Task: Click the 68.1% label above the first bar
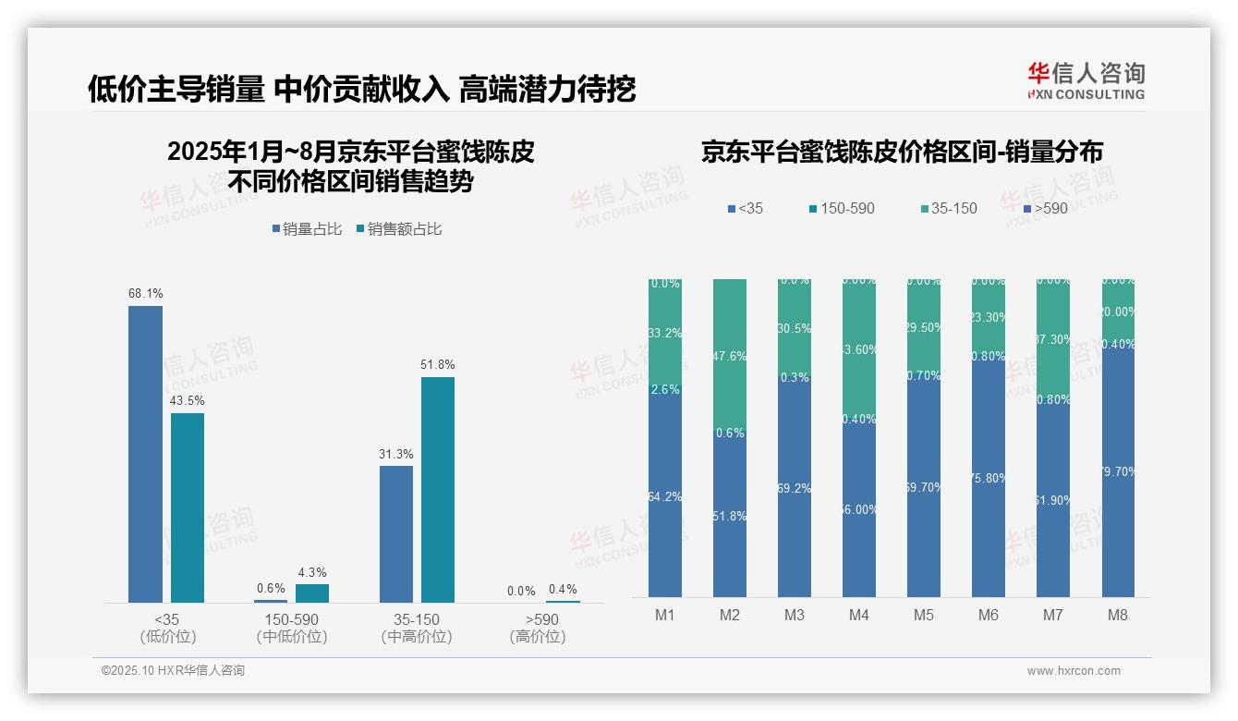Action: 145,294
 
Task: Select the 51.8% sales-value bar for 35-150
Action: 438,490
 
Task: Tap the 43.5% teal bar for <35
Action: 188,507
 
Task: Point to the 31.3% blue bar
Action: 396,534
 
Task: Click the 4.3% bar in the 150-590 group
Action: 312,593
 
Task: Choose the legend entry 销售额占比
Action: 399,229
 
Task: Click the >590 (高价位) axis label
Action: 537,628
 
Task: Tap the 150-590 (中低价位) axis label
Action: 291,628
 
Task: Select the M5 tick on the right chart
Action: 923,615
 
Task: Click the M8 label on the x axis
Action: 1117,615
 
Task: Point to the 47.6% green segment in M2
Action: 730,356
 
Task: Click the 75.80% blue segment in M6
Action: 988,478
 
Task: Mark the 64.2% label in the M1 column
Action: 664,497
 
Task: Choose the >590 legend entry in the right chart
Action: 1045,209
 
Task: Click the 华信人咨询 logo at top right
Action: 1086,80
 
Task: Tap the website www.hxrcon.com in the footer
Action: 1074,671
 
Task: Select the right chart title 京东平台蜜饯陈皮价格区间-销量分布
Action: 902,152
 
